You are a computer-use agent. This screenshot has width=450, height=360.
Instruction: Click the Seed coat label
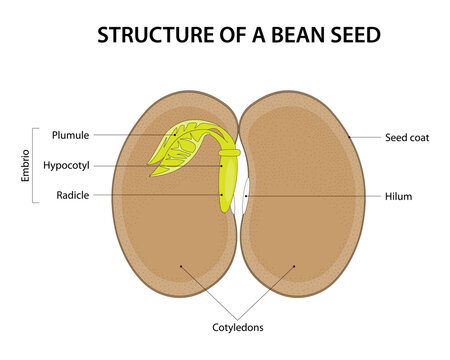point(407,137)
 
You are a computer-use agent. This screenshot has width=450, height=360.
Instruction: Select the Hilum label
point(397,196)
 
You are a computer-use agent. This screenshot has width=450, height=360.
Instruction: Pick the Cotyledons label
point(238,325)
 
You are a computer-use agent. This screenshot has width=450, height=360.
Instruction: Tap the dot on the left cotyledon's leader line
point(180,266)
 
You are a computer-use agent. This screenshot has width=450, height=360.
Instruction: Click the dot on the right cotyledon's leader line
point(296,266)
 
